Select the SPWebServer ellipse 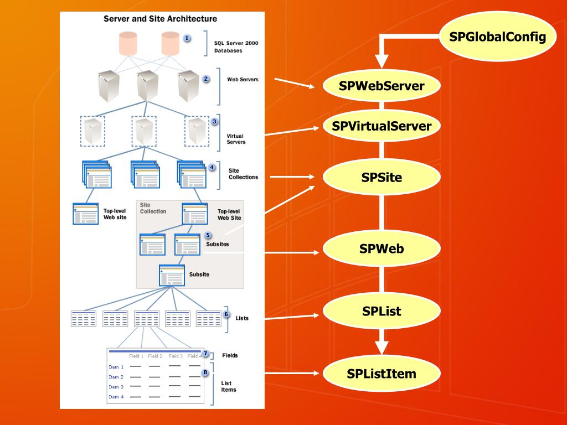point(382,86)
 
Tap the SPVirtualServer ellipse point(382,126)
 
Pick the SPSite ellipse point(382,178)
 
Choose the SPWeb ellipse point(382,248)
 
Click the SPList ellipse point(382,311)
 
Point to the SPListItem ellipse point(382,373)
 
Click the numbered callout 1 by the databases point(187,38)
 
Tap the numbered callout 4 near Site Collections point(212,167)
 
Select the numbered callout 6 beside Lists point(226,314)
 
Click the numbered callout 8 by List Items point(205,372)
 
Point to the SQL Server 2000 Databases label point(236,46)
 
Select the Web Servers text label point(243,79)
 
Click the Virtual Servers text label point(236,139)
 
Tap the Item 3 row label point(116,387)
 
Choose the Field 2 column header point(155,356)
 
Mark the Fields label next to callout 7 point(230,355)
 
